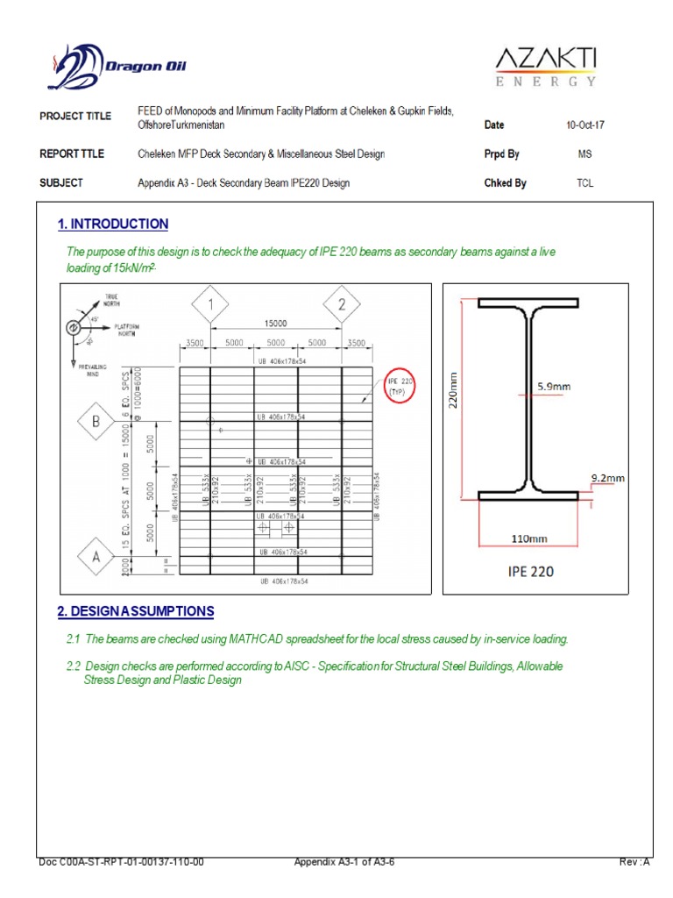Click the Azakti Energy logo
point(546,68)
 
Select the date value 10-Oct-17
point(585,125)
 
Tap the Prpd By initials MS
point(585,154)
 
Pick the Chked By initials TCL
point(585,183)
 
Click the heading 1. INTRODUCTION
point(113,224)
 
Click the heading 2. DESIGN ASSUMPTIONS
point(135,611)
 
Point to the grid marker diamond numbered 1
point(210,306)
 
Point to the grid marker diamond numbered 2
point(341,306)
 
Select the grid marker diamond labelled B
point(97,422)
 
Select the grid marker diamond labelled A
point(97,554)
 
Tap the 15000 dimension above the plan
point(276,324)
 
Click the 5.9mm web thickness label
point(554,385)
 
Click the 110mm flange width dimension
point(528,539)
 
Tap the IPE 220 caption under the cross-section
point(529,572)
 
